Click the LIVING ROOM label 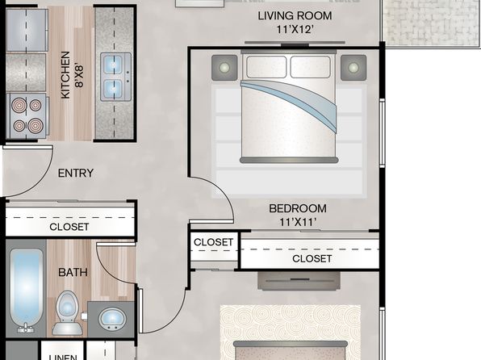(x=295, y=15)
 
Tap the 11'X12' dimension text (x=295, y=30)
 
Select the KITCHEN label (x=65, y=75)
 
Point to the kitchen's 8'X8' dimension (x=79, y=76)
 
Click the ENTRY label (x=76, y=173)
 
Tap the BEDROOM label (x=298, y=208)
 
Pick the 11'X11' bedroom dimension (x=298, y=222)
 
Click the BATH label (x=73, y=272)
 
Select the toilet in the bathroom (x=68, y=312)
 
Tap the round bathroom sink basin (x=112, y=318)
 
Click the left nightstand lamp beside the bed (x=224, y=68)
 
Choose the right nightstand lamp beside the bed (x=353, y=68)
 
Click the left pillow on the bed (x=266, y=67)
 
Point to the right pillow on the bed (x=311, y=67)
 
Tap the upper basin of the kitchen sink (x=114, y=65)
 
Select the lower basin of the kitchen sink (x=114, y=89)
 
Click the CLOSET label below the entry (x=69, y=227)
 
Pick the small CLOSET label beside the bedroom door (x=214, y=242)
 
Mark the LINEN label (x=63, y=358)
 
